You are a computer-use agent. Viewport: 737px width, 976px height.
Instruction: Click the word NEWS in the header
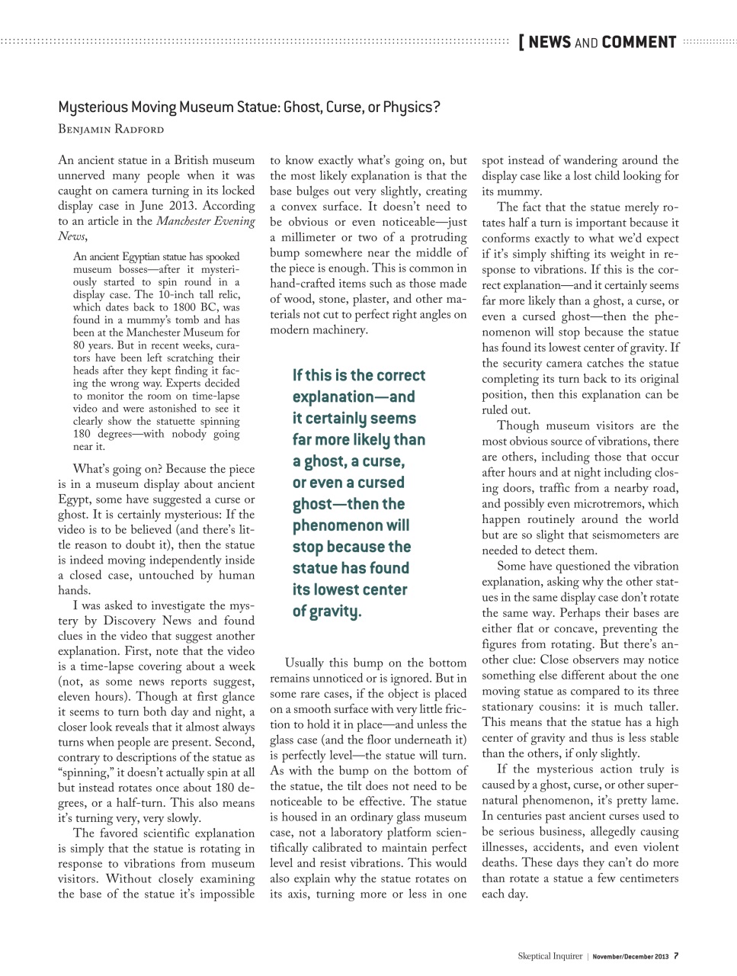click(549, 42)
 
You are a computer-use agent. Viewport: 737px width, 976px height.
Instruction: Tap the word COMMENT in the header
click(639, 42)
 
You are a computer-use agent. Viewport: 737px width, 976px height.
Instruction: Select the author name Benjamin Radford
click(111, 129)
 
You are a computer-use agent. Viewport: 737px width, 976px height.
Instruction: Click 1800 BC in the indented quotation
click(159, 307)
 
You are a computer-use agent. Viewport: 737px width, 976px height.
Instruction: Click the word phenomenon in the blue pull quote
click(341, 525)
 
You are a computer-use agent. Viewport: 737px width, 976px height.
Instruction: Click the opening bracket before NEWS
click(521, 42)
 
